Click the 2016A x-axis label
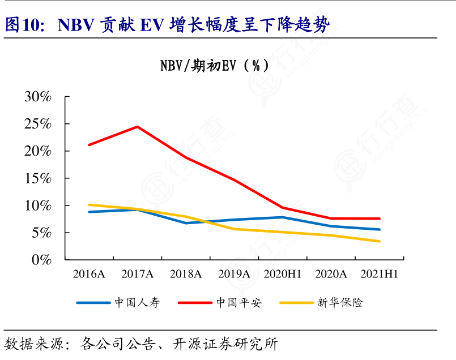point(89,275)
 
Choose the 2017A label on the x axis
point(138,275)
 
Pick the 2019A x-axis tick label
point(235,275)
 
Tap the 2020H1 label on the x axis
point(283,275)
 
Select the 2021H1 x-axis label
point(380,275)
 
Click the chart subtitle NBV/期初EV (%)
point(215,66)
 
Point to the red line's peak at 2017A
point(138,127)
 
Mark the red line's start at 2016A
point(89,145)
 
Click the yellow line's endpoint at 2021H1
point(380,241)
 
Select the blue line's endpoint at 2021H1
point(380,229)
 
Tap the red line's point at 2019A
point(235,180)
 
